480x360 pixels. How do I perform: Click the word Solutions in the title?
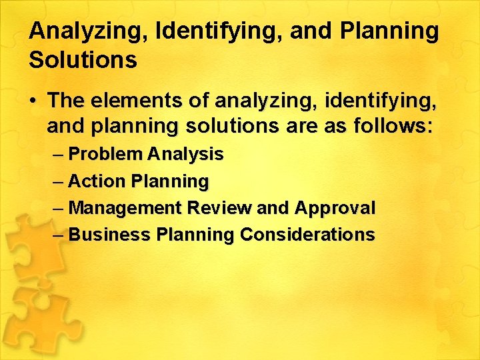83,60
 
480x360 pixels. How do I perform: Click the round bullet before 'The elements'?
33,101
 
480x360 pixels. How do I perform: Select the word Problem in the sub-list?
105,155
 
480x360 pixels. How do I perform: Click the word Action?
97,181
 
